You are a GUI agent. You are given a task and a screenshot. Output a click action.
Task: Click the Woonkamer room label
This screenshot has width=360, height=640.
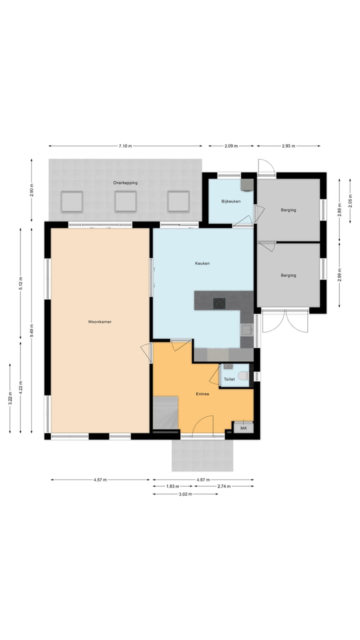(x=99, y=322)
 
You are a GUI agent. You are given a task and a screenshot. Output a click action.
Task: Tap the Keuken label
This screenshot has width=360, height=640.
(x=202, y=263)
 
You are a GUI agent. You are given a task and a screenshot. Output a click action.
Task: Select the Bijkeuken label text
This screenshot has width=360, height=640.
(x=231, y=201)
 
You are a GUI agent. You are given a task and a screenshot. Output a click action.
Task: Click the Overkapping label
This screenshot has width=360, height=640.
(x=125, y=183)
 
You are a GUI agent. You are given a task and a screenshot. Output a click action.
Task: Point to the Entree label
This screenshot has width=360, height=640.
(x=202, y=394)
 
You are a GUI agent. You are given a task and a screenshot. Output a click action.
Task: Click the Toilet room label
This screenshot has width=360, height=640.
(x=229, y=379)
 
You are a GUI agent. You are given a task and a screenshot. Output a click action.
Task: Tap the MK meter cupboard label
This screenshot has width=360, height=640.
(x=243, y=428)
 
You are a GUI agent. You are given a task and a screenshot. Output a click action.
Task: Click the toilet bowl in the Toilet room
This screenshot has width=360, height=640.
(x=243, y=376)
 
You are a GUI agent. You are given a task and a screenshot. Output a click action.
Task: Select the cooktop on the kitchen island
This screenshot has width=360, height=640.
(x=219, y=303)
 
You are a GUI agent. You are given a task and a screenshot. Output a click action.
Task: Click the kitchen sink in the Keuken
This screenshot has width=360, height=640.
(x=246, y=329)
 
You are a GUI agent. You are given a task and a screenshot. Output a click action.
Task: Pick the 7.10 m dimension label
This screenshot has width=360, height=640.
(x=125, y=146)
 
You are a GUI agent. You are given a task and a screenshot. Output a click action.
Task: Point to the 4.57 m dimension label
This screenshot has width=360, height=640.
(x=100, y=480)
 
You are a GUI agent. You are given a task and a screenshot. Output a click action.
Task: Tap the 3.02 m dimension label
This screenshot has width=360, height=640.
(x=185, y=494)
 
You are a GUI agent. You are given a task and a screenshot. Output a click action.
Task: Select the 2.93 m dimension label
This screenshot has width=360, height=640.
(x=288, y=146)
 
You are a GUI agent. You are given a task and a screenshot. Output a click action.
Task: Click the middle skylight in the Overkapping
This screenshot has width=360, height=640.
(x=125, y=201)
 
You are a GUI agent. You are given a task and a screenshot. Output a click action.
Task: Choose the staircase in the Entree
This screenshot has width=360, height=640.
(x=165, y=412)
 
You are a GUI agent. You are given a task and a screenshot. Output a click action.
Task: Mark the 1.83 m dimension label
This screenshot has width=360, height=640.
(x=172, y=486)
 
